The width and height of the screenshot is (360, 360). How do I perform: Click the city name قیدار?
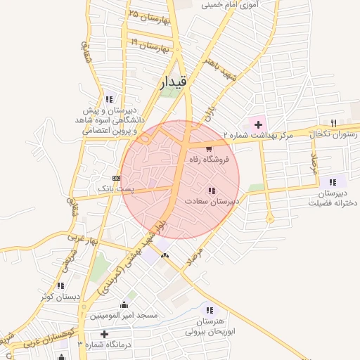[x=174, y=82]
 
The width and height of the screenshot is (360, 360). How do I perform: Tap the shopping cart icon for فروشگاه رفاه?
[x=209, y=148]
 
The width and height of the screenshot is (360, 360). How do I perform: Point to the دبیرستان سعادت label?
[x=212, y=201]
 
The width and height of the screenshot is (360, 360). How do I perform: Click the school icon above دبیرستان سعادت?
[x=212, y=191]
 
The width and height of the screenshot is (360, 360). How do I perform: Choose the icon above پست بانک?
[x=116, y=179]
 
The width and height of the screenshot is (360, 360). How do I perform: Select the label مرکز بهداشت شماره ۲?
[x=256, y=135]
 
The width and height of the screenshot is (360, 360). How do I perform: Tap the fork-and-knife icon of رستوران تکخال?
[x=333, y=123]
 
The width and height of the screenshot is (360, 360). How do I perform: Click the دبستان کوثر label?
[x=58, y=297]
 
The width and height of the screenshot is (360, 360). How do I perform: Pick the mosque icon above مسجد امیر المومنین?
[x=125, y=304]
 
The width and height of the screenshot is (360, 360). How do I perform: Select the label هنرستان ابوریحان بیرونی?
[x=209, y=325]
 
